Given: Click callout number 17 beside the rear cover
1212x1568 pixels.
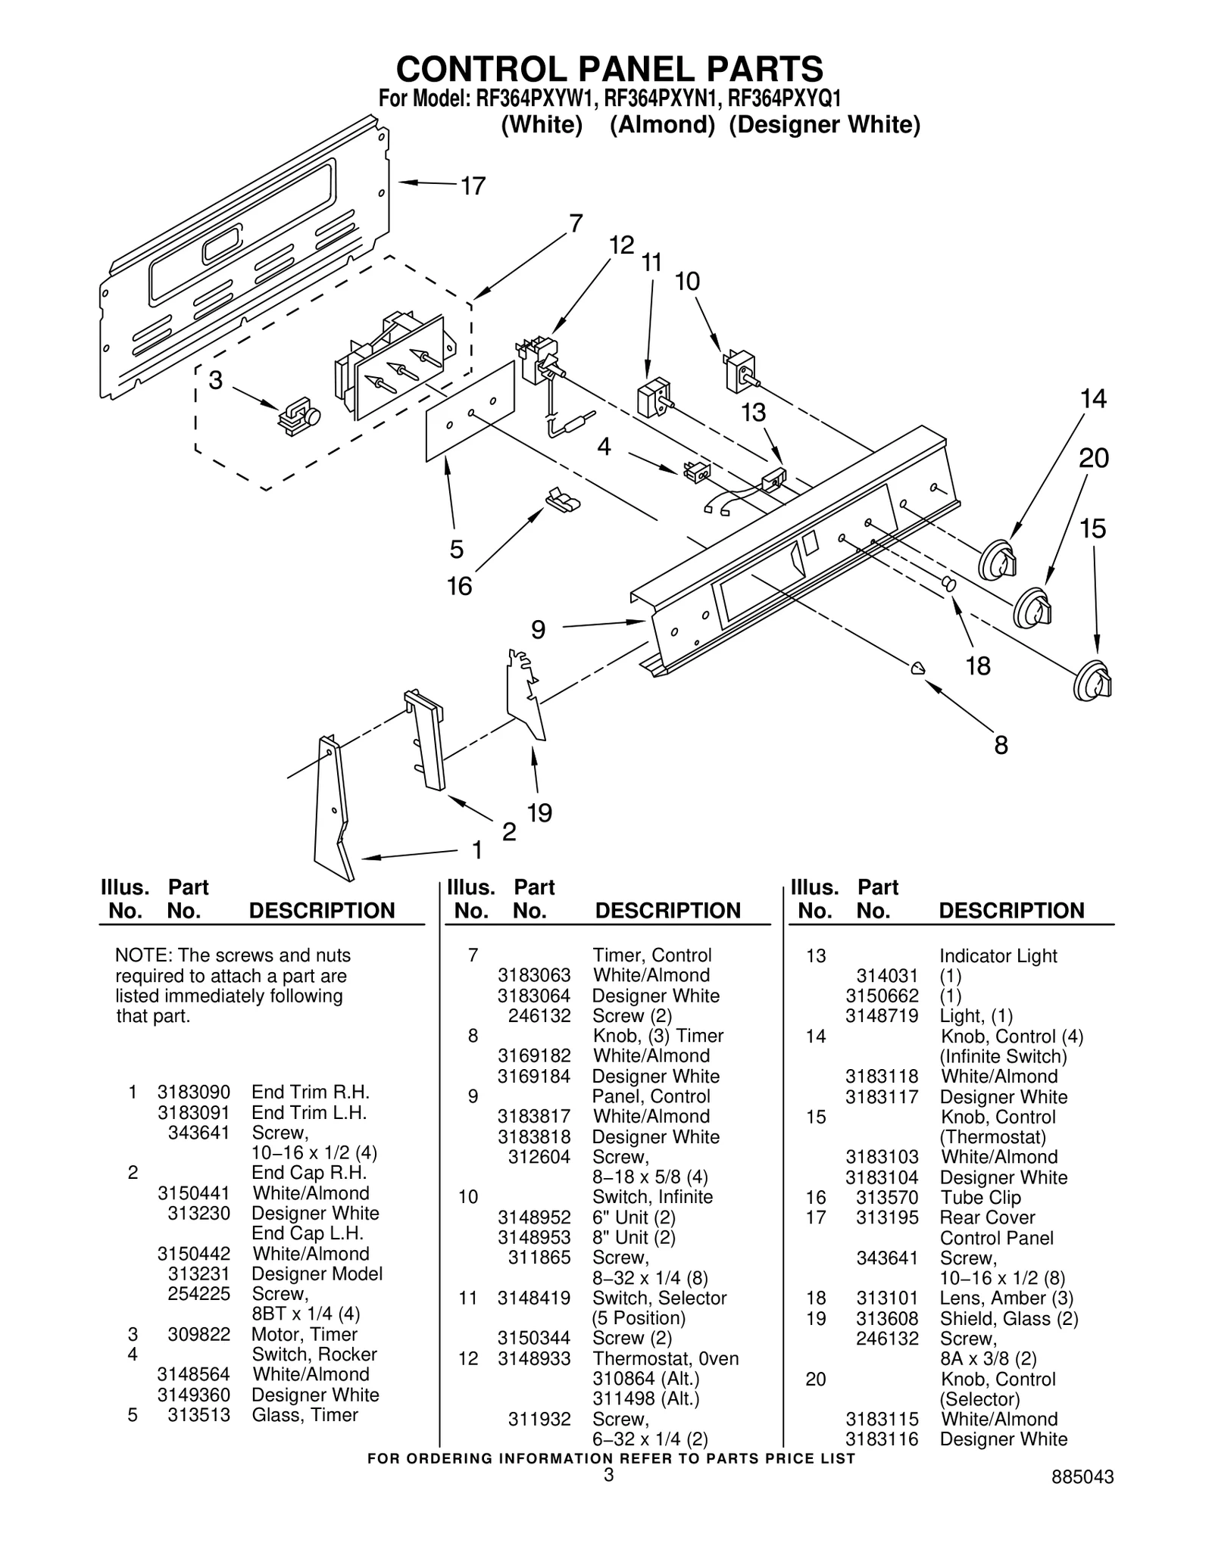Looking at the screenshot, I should click(x=473, y=185).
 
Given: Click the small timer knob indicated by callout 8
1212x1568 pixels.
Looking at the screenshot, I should click(x=917, y=668).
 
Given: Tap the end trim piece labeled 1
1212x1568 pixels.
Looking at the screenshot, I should click(x=333, y=811).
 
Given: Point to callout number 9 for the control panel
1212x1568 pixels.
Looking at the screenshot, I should click(x=538, y=628).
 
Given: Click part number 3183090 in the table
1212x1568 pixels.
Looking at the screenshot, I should click(x=193, y=1092).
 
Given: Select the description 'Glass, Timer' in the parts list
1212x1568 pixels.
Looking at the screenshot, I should click(x=305, y=1415).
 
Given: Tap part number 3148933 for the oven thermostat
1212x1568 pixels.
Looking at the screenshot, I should click(x=533, y=1358).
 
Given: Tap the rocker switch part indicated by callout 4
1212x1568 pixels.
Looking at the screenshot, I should click(x=696, y=472).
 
